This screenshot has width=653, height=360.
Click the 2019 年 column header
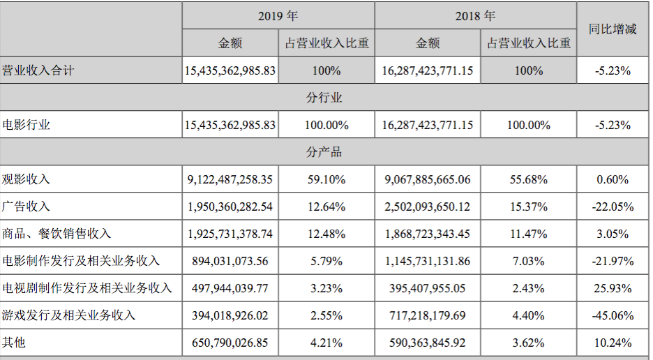pos(278,15)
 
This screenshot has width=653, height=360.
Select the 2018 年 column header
pos(475,15)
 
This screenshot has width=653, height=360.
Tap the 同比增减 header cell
pos(613,29)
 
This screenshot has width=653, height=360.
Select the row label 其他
pos(14,343)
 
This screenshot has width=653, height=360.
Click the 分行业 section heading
pos(324,98)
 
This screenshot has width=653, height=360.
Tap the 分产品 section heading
pos(324,152)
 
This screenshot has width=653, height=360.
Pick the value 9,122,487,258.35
pos(230,179)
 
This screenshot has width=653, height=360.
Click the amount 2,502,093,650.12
pos(427,207)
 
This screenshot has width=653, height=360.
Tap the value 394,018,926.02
pos(230,315)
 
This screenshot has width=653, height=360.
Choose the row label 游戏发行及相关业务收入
pos(69,315)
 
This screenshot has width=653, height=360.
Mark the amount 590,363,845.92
pos(427,343)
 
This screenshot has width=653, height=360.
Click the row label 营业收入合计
pos(38,70)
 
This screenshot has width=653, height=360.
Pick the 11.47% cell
pos(528,234)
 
